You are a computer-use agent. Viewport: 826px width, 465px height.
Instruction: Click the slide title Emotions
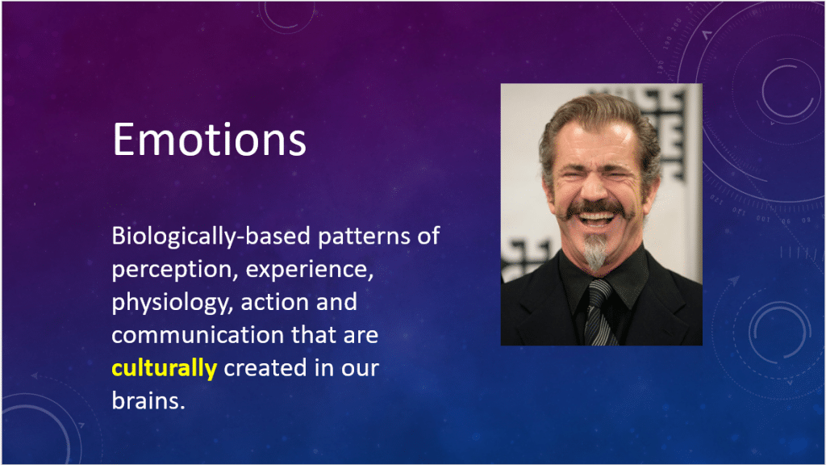(x=209, y=139)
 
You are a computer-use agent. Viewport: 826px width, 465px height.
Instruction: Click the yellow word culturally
(x=164, y=369)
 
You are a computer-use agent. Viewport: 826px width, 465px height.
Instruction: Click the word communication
(x=190, y=335)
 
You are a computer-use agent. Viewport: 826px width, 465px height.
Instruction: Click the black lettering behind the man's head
(x=674, y=129)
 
